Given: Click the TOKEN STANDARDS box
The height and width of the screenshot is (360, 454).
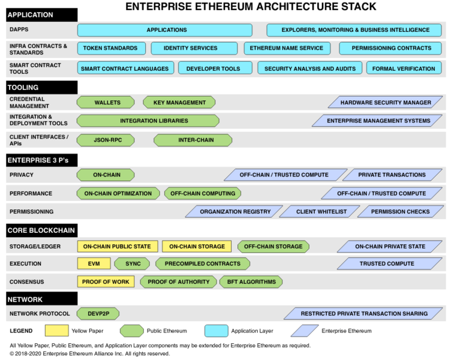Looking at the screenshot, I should click(110, 48).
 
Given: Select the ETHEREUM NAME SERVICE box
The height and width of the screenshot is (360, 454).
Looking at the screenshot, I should click(286, 48).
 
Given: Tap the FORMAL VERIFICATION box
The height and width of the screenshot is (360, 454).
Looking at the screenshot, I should click(404, 68).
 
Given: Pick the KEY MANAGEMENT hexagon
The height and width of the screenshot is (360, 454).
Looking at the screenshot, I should click(179, 103).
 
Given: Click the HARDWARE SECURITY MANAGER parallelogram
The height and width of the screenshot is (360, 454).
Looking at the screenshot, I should click(386, 103).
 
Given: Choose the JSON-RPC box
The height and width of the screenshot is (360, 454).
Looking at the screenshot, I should click(106, 140).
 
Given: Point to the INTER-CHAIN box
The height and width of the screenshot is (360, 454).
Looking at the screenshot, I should click(193, 140).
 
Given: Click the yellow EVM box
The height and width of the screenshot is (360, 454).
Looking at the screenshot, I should click(94, 263).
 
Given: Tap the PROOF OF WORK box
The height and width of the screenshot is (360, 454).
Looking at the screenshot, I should click(106, 282).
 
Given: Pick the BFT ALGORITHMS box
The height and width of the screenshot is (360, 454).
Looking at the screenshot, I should click(251, 282).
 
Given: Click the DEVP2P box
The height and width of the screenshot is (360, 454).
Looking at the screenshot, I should click(98, 313).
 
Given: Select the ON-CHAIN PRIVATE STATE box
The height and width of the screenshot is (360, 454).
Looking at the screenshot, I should click(390, 246).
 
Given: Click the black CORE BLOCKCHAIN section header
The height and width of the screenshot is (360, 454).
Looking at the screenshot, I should click(42, 230).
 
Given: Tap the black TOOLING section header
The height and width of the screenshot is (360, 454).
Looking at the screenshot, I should click(42, 88).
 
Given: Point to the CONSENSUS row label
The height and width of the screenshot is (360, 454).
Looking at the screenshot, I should click(27, 282).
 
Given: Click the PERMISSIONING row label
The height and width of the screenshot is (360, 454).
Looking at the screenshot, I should click(31, 212).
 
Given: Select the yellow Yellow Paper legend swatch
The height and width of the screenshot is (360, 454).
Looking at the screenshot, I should click(57, 331).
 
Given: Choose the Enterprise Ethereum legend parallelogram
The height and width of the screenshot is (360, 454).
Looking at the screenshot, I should click(303, 331).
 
